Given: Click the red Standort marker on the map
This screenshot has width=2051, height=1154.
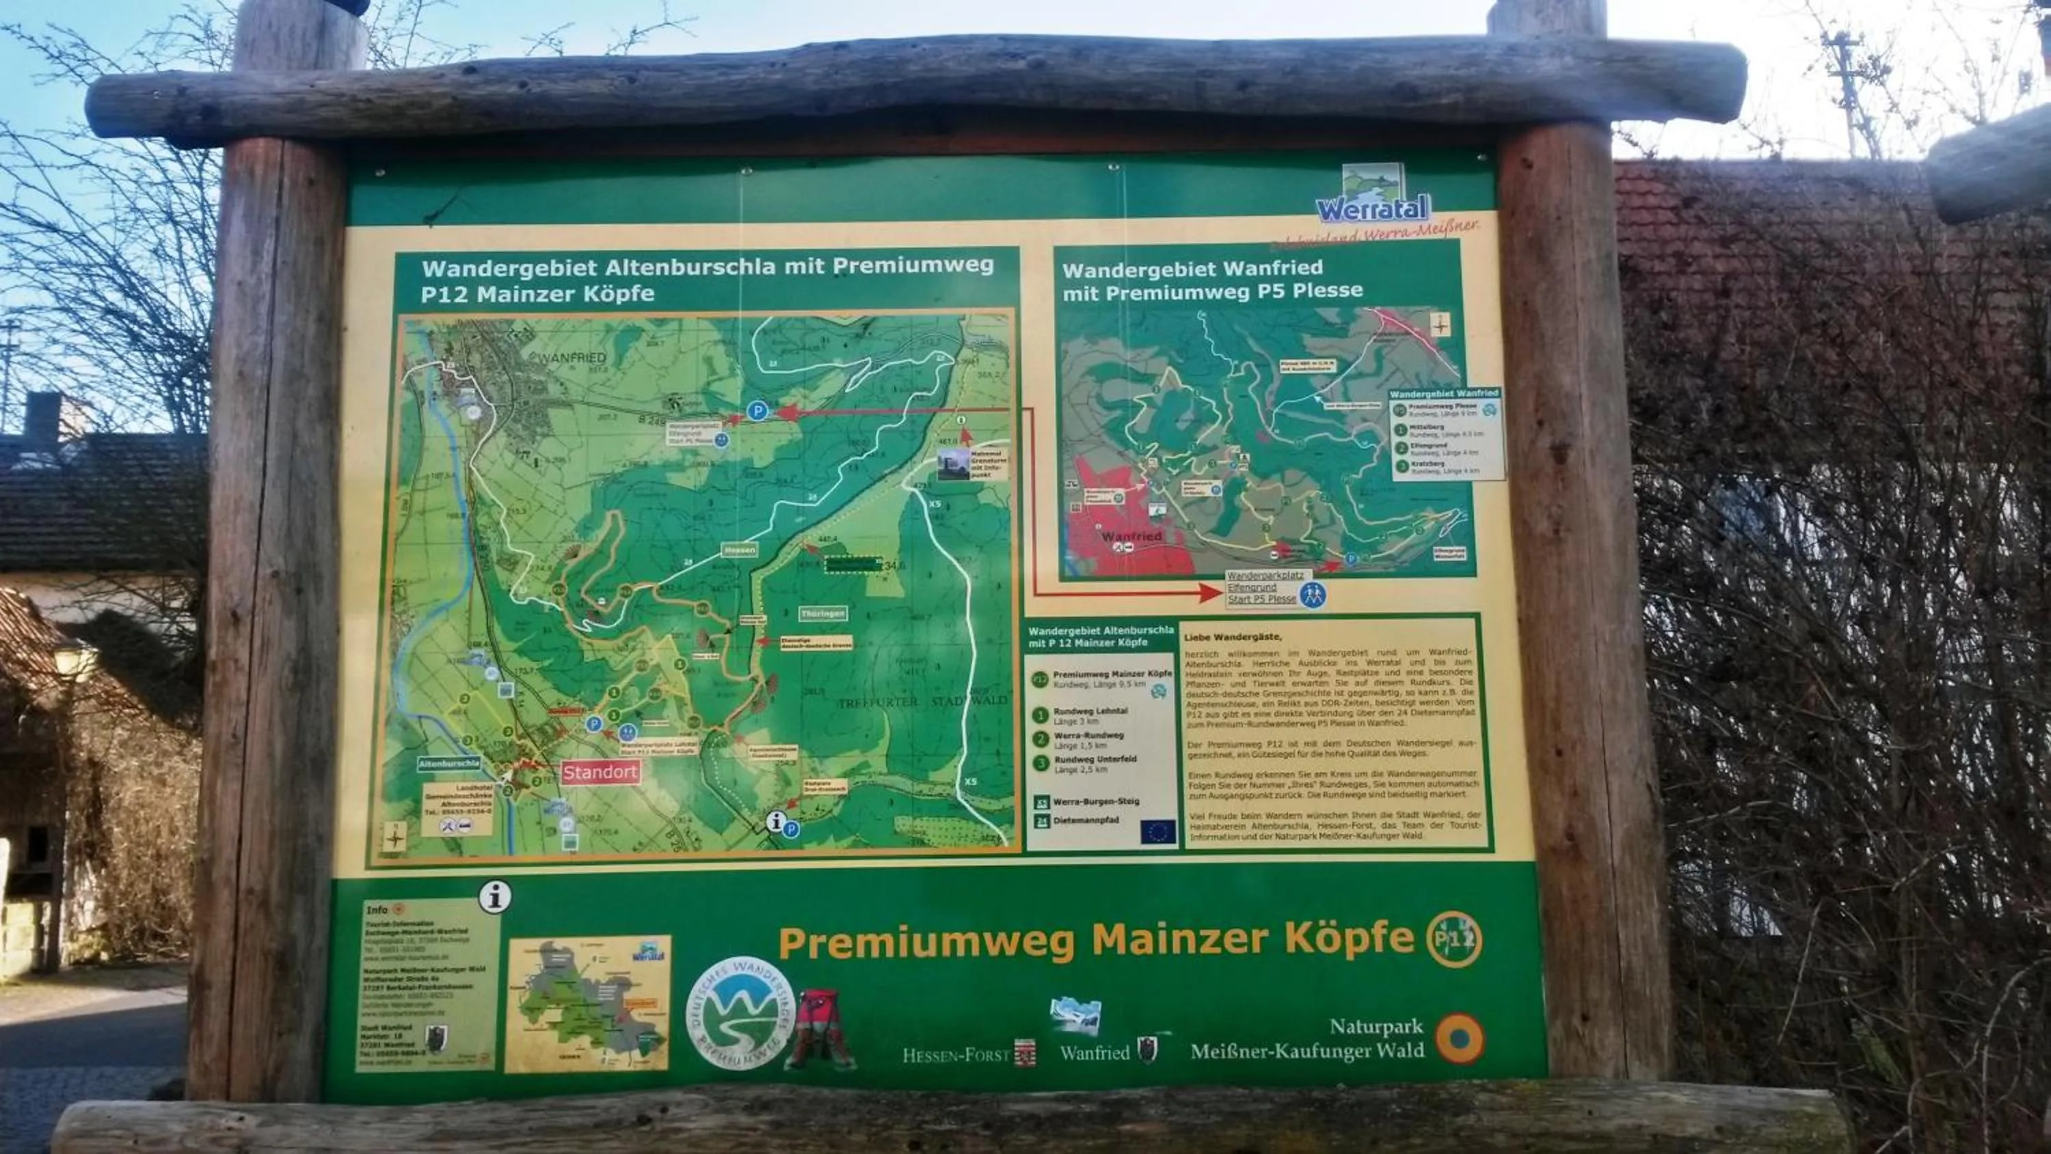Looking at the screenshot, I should click(600, 772).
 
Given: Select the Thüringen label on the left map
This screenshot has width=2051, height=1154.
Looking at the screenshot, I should click(822, 613).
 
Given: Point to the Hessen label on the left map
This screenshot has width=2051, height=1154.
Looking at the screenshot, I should click(739, 550).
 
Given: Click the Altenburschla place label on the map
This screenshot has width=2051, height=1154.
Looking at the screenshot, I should click(449, 763).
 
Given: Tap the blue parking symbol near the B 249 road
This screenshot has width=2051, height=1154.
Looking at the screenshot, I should click(758, 411).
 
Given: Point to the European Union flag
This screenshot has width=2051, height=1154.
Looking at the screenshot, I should click(1157, 831).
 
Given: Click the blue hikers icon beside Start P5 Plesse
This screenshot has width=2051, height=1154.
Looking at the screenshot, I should click(1312, 594).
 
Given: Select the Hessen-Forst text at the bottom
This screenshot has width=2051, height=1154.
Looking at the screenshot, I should click(956, 1056).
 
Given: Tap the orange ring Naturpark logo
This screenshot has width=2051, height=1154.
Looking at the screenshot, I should click(1460, 1038).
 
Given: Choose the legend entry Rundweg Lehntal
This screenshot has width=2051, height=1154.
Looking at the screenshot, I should click(1090, 710).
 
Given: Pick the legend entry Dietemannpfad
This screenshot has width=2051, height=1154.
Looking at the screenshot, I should click(1085, 820).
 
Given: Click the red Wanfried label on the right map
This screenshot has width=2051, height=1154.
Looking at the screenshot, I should click(1131, 537).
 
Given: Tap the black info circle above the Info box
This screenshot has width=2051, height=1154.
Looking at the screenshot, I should click(494, 897).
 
